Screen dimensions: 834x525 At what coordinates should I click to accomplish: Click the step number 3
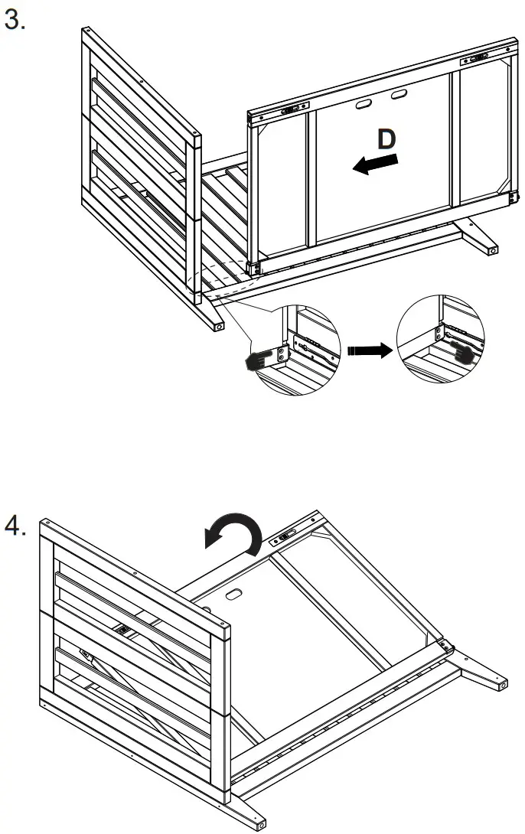(x=15, y=21)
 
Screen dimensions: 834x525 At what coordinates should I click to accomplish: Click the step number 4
(x=15, y=526)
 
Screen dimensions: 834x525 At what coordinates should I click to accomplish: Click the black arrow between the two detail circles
(x=367, y=350)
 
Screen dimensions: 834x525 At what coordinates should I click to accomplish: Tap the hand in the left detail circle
(x=259, y=362)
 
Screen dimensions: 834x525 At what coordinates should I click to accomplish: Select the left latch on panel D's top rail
(x=292, y=110)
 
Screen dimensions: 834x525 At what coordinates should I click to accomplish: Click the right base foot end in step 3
(x=493, y=249)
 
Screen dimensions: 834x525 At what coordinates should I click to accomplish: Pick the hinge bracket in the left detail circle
(x=282, y=353)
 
